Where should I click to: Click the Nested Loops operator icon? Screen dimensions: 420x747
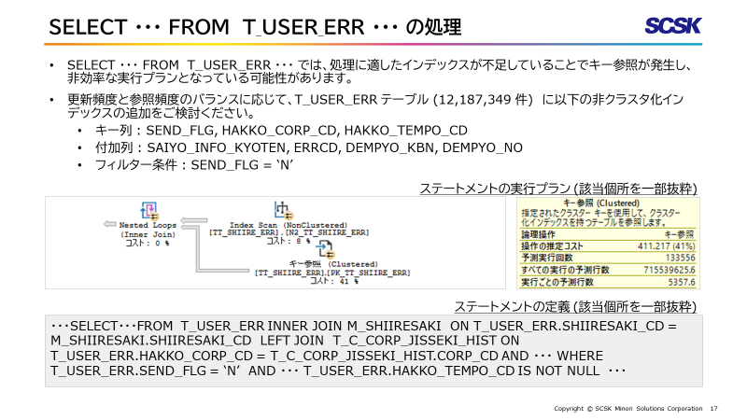(x=148, y=210)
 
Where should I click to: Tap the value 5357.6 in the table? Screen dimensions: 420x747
(x=681, y=281)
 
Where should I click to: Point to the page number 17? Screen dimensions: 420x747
(x=714, y=409)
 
